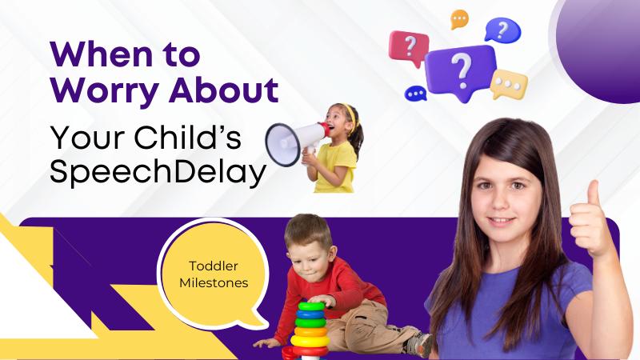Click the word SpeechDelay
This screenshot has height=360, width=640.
pyautogui.click(x=157, y=172)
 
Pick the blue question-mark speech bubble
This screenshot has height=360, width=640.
pyautogui.click(x=502, y=30)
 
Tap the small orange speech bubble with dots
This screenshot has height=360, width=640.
pyautogui.click(x=459, y=18)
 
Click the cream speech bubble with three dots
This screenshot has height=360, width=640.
pyautogui.click(x=509, y=83)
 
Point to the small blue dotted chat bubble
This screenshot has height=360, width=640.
pyautogui.click(x=415, y=94)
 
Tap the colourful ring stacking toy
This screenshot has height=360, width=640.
pyautogui.click(x=310, y=328)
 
